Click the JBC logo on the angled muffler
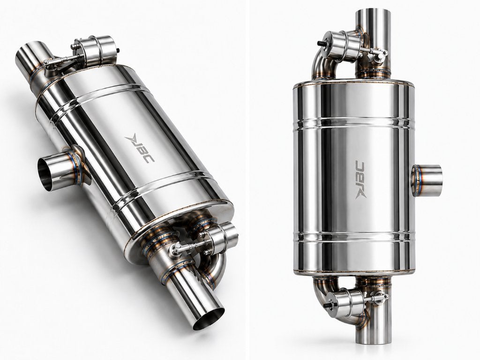[x=140, y=149]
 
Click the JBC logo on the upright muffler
[x=360, y=180]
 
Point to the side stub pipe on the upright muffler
[x=427, y=180]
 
